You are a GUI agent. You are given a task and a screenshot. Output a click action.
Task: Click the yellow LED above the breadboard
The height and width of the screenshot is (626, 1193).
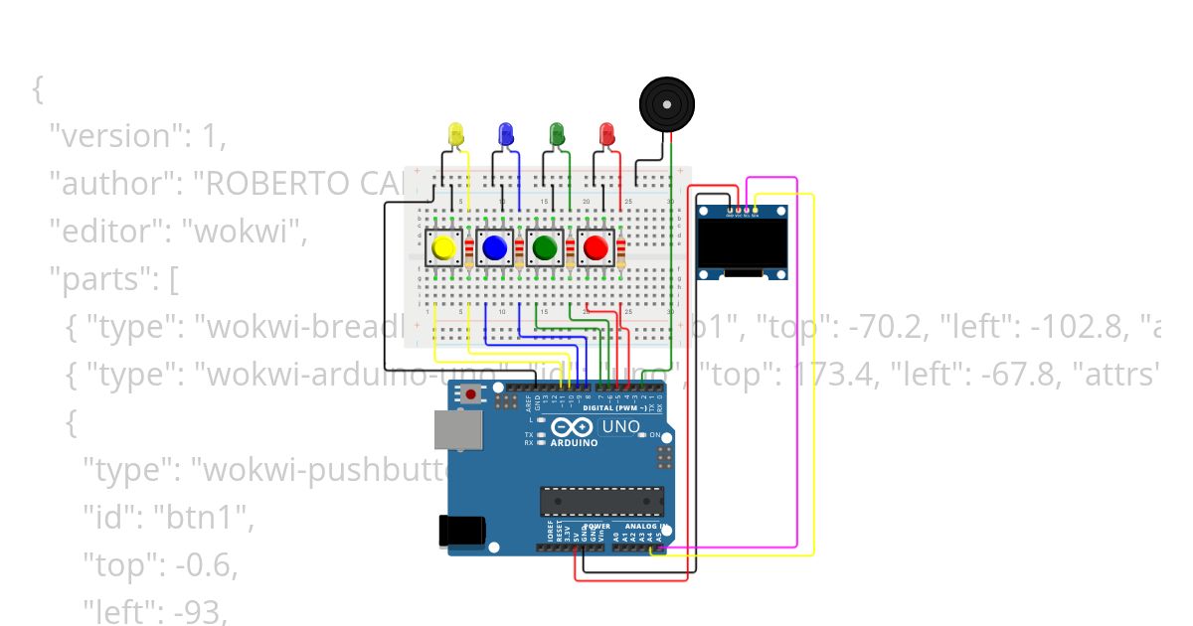[x=456, y=133]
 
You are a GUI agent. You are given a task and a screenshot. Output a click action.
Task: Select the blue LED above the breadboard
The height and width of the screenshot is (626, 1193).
[x=505, y=133]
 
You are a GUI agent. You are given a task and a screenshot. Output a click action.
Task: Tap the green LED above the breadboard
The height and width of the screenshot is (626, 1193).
[x=557, y=133]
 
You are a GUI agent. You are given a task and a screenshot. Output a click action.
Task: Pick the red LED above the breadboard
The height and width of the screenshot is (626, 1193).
[x=606, y=133]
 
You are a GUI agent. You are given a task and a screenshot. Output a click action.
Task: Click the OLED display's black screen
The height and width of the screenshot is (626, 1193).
[x=742, y=243]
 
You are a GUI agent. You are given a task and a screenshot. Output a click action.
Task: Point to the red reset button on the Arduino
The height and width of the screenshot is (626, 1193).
[x=470, y=395]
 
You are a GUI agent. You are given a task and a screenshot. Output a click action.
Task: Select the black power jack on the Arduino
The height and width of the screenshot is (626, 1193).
[x=463, y=532]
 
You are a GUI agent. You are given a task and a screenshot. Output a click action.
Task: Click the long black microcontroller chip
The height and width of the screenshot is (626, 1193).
[x=601, y=502]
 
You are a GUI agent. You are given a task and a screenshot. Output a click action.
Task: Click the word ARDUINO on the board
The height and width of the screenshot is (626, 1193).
[x=575, y=442]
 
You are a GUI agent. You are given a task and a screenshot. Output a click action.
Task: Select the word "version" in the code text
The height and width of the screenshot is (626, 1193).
[x=114, y=136]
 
